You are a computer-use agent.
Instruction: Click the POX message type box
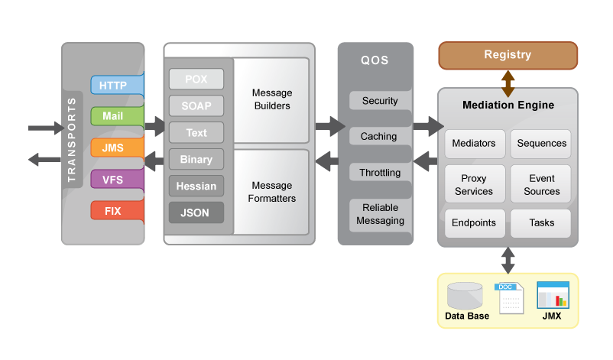click(196, 79)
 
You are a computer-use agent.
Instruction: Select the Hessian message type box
click(196, 186)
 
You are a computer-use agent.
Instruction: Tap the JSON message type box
click(196, 212)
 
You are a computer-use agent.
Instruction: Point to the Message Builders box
click(271, 99)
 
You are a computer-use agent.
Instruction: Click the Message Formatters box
click(271, 192)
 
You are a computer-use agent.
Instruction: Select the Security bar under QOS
click(380, 101)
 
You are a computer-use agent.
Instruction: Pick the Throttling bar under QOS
click(380, 173)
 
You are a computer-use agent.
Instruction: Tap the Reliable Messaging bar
click(380, 214)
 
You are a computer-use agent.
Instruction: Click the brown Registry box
click(508, 55)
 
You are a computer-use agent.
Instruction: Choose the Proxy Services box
click(474, 185)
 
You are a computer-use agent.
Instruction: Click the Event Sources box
click(541, 185)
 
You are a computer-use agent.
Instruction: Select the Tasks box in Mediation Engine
click(541, 223)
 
